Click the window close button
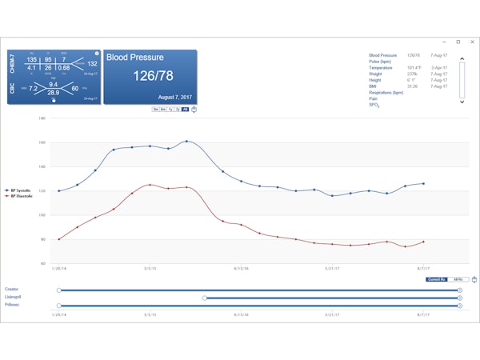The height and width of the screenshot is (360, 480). pyautogui.click(x=470, y=42)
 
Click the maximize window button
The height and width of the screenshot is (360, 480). pyautogui.click(x=458, y=42)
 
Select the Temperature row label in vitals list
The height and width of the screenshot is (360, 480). pyautogui.click(x=381, y=68)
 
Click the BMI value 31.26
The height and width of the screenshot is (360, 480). pyautogui.click(x=413, y=86)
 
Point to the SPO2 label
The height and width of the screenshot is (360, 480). pyautogui.click(x=374, y=105)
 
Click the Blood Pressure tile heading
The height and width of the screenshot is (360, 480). pyautogui.click(x=135, y=58)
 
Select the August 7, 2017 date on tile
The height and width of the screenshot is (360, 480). pyautogui.click(x=151, y=96)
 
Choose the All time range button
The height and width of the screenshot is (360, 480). pyautogui.click(x=185, y=109)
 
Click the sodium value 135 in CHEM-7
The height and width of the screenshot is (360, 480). pyautogui.click(x=33, y=60)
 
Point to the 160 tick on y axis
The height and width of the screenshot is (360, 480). pyautogui.click(x=42, y=142)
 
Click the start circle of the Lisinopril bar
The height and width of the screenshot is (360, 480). pyautogui.click(x=206, y=298)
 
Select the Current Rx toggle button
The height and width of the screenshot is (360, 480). pyautogui.click(x=435, y=279)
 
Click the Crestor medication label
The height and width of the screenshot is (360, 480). pyautogui.click(x=10, y=289)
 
